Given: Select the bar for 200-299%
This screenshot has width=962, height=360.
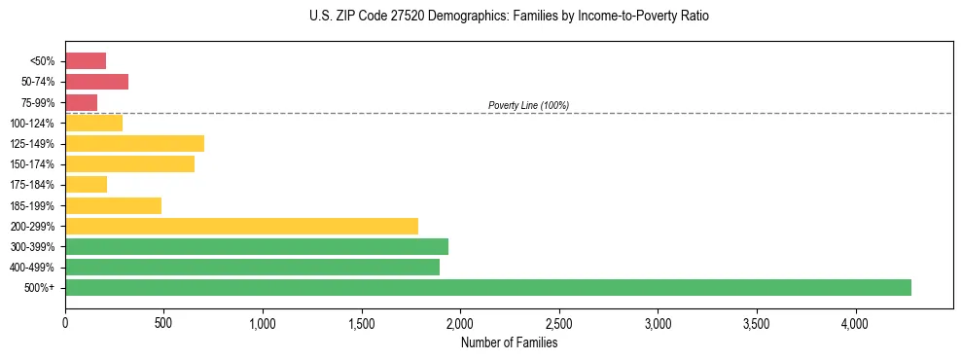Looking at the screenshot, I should tap(241, 226).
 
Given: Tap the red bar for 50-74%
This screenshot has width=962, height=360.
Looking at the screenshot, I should tap(96, 82).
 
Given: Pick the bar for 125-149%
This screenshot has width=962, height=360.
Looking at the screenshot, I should tap(134, 144).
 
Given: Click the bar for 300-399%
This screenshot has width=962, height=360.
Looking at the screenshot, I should tap(257, 246).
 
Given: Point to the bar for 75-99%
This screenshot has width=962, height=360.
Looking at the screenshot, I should tap(81, 102).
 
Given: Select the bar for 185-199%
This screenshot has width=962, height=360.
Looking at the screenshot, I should tap(113, 205).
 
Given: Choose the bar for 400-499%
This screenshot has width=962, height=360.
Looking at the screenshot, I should tap(252, 267).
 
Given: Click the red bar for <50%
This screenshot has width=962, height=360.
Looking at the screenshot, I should tap(86, 61).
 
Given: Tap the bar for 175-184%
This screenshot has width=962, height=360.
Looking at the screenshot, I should tap(86, 185).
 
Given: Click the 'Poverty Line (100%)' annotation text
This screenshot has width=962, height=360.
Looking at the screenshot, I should tap(528, 105).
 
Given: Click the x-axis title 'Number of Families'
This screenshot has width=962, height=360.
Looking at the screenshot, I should tap(509, 342).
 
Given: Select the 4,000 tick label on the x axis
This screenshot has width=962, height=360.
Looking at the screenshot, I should tap(855, 323).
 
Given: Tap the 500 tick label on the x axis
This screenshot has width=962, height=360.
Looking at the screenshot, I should tap(163, 323).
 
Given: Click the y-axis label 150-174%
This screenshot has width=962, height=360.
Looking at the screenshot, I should tap(32, 164).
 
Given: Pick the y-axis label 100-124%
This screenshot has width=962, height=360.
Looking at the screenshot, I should tap(32, 124).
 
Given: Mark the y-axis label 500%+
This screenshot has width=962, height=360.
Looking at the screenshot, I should tap(40, 288).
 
